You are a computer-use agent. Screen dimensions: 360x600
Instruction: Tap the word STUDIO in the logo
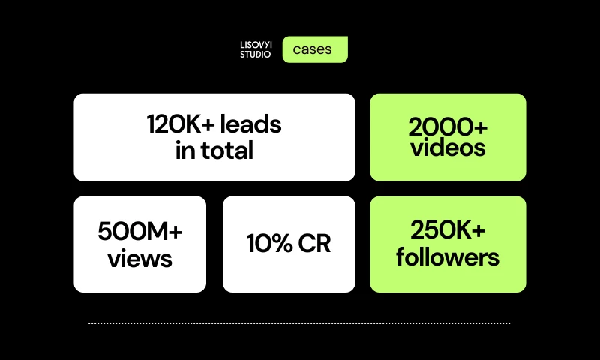coord(256,55)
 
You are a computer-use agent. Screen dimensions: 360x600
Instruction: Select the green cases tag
coord(315,49)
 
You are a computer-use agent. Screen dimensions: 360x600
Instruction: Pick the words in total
coord(214,151)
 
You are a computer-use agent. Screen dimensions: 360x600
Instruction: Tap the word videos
coord(448,148)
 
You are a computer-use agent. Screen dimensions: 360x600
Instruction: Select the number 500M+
coord(140,232)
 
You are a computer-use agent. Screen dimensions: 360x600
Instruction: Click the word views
coord(140,259)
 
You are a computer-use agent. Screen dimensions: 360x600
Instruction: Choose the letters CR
coord(314,244)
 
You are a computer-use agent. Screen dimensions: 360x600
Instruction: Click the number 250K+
coord(448,231)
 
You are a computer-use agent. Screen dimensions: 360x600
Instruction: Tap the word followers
coord(448,257)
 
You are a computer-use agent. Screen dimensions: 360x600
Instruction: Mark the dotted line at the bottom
coord(299,323)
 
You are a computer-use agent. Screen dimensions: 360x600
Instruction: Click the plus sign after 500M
coord(174,232)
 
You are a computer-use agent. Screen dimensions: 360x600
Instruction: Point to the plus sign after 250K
coord(478,232)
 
